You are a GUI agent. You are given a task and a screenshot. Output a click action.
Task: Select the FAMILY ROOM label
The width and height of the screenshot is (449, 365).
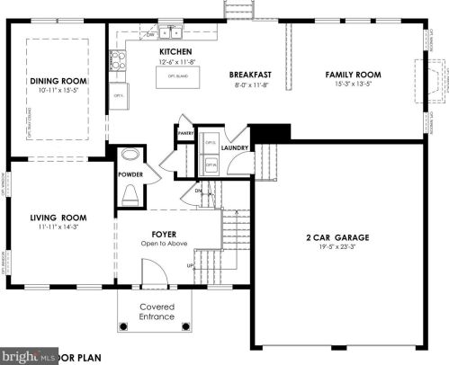tap(353, 75)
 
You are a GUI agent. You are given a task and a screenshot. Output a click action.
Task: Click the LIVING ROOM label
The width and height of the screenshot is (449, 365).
tap(58, 218)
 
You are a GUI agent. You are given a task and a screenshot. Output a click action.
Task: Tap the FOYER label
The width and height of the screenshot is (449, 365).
tap(163, 230)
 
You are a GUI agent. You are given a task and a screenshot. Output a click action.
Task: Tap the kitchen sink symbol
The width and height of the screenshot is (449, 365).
tap(171, 33)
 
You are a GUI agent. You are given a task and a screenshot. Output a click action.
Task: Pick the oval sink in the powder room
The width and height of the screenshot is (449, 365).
tap(130, 154)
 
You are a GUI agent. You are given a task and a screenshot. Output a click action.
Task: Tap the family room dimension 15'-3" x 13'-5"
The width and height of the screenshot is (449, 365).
tap(353, 85)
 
